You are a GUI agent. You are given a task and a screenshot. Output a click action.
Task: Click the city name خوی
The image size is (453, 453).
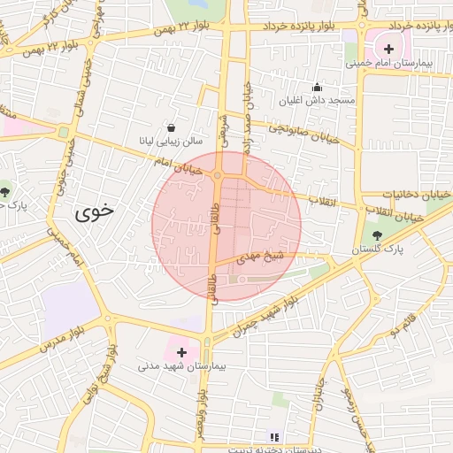94,212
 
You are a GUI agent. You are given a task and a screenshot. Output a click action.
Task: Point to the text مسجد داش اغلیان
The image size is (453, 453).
318,100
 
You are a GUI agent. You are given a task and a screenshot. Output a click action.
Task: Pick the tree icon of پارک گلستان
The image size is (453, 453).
379,234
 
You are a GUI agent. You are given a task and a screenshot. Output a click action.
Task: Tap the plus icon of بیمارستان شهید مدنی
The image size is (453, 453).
182,352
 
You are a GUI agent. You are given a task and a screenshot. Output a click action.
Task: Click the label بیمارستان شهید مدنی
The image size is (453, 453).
183,365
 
